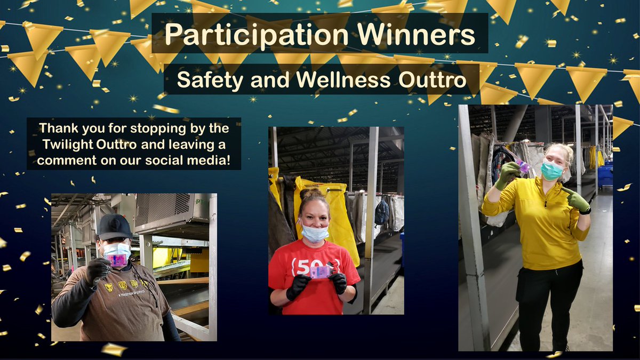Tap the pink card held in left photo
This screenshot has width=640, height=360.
coord(117,260)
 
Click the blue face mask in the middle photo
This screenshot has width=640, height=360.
coord(315,233)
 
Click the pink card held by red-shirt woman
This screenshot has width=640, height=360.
coord(321,273)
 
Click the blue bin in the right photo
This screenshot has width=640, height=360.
coord(605,177)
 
